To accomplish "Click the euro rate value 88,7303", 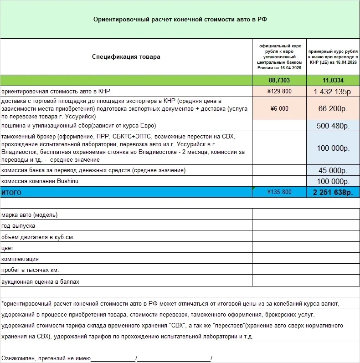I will tap(279, 80).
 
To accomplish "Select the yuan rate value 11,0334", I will tap(333, 80).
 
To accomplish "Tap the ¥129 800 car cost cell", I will tap(279, 91).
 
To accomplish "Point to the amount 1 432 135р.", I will tap(333, 91).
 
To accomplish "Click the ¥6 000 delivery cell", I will tap(279, 108).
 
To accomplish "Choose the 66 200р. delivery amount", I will tap(333, 108).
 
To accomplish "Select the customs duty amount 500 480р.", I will tap(333, 126).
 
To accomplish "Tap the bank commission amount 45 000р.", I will tap(333, 170).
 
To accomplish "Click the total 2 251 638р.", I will tap(333, 192).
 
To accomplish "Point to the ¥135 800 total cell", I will tap(279, 192).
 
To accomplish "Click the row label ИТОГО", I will tap(11, 193).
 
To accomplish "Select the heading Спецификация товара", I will tap(126, 57).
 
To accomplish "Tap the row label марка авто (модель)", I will tap(30, 215).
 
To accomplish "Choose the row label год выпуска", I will tap(18, 225).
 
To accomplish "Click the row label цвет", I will tap(8, 248).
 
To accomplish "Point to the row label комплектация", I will tap(20, 259).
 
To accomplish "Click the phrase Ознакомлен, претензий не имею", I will tap(46, 358).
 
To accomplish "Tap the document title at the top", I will tap(180, 20).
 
